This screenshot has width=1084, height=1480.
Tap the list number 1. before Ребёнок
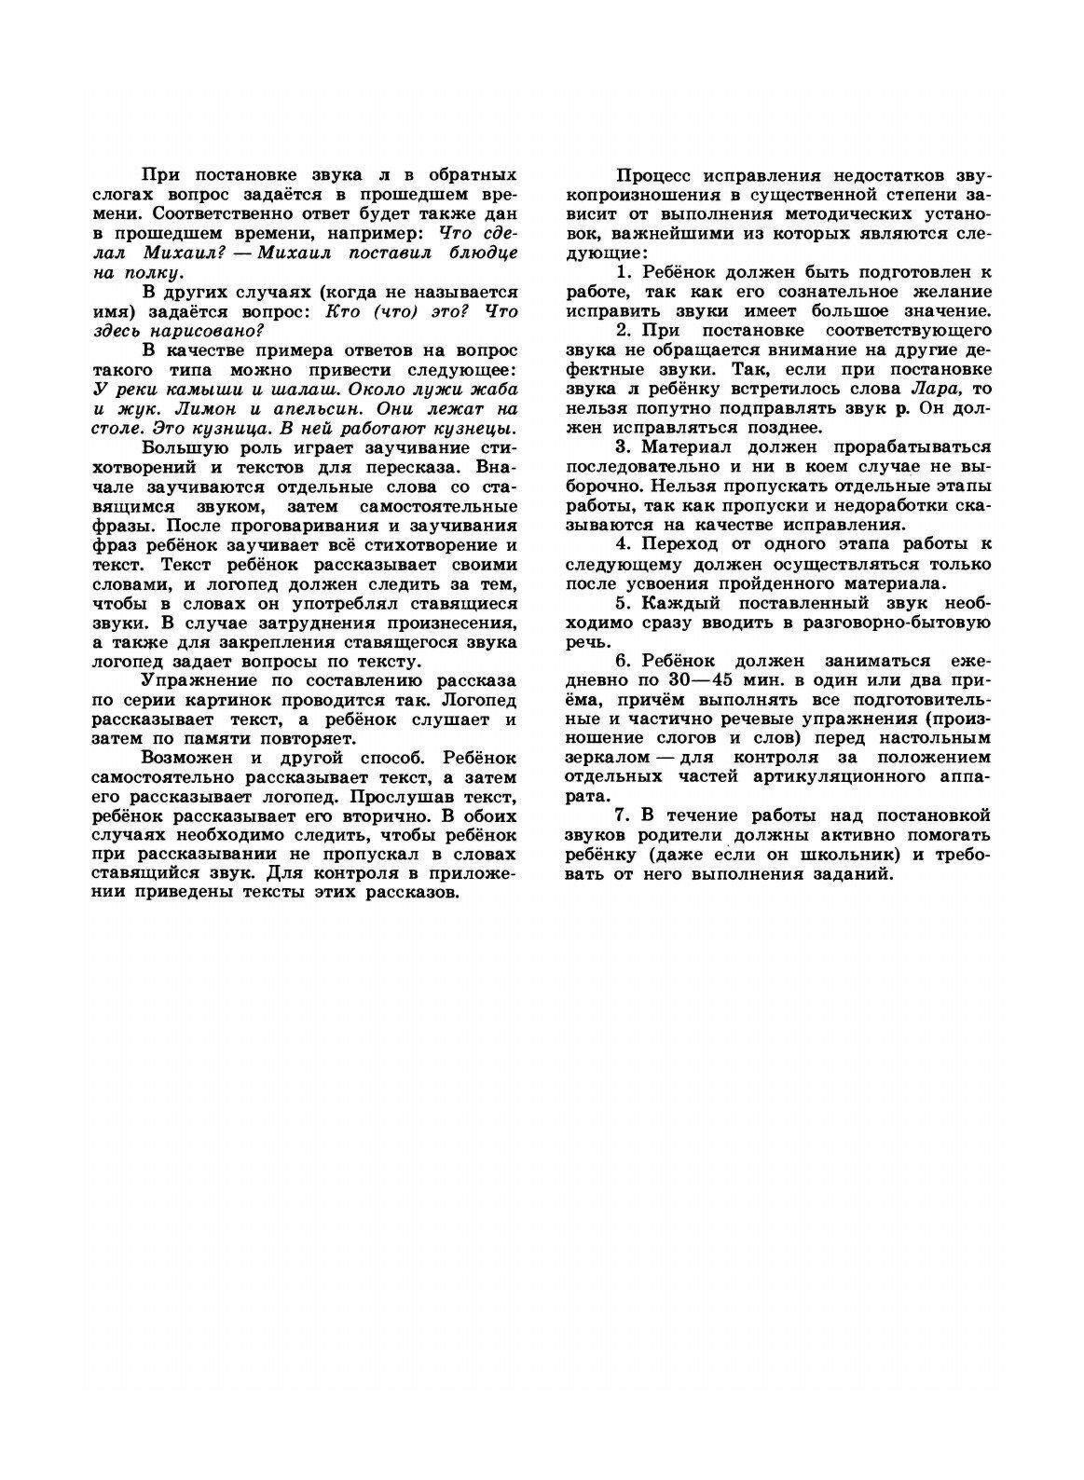click(x=624, y=272)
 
